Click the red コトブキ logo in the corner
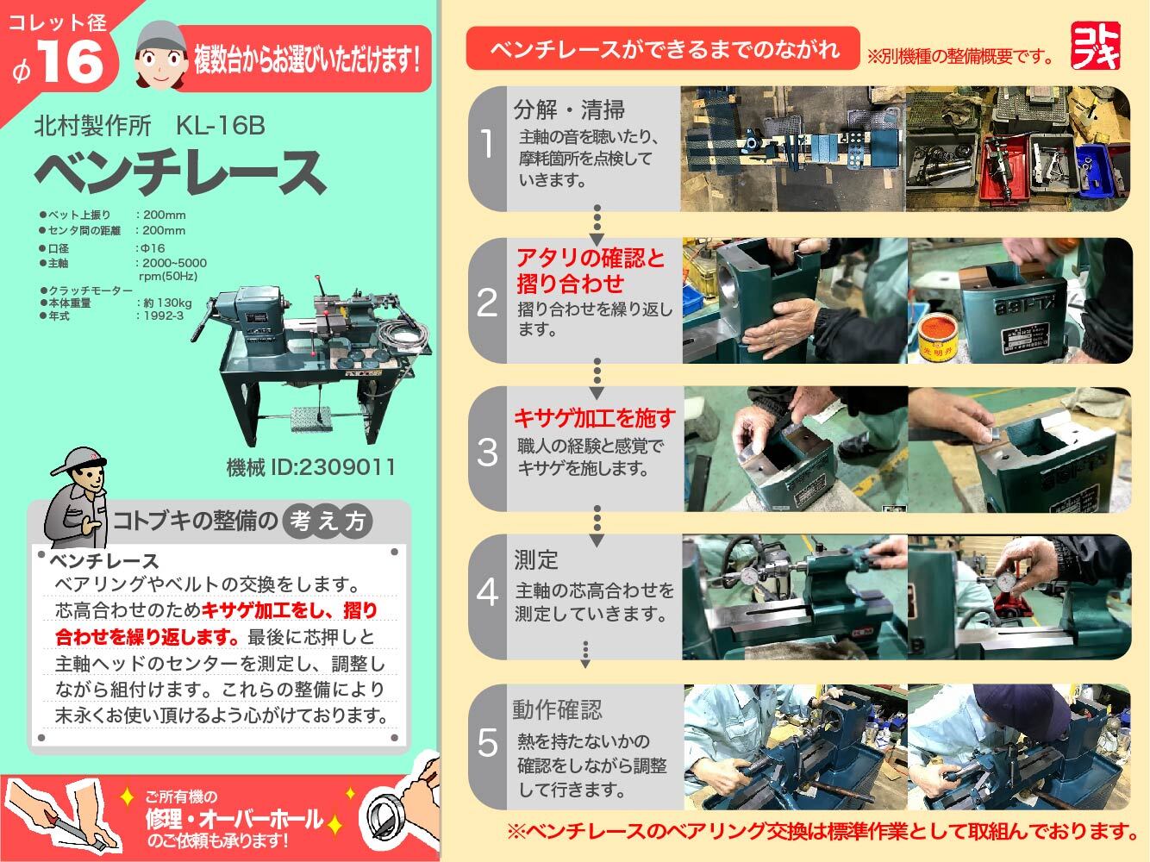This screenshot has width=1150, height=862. click(1096, 45)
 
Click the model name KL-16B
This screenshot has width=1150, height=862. click(220, 127)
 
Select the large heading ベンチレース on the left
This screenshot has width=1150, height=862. click(179, 172)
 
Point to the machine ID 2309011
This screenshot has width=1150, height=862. click(310, 467)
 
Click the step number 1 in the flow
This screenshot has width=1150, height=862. click(488, 144)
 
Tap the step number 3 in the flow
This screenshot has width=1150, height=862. click(488, 452)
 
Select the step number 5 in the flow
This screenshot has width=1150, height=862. click(488, 742)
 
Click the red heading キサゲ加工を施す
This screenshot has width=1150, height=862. click(594, 419)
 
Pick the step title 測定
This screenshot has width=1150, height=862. click(536, 560)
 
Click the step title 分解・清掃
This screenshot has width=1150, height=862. click(569, 110)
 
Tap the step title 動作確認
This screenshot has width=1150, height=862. click(557, 710)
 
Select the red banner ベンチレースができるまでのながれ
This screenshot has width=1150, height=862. click(662, 48)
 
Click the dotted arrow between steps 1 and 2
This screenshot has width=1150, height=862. click(596, 222)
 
